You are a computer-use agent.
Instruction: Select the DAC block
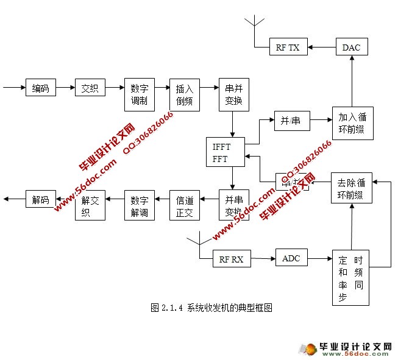coord(351,47)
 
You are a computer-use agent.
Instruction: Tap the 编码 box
coord(41,88)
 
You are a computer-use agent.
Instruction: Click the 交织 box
coord(90,88)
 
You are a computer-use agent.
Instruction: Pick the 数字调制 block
coord(139,94)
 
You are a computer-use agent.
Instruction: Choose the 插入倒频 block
coord(184,94)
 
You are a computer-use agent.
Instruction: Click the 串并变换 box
coord(233,94)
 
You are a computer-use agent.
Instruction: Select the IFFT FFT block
coord(226,152)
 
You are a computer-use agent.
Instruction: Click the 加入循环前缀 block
coord(352,123)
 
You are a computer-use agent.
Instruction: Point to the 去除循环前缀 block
coord(352,189)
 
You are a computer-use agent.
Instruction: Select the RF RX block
coord(231,259)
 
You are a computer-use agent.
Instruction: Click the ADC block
coord(291,258)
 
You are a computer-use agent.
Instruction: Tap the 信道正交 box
coord(184,205)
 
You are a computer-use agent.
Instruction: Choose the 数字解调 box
coord(139,205)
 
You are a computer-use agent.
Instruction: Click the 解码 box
coord(41,199)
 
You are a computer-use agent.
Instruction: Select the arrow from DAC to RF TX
coord(322,47)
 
